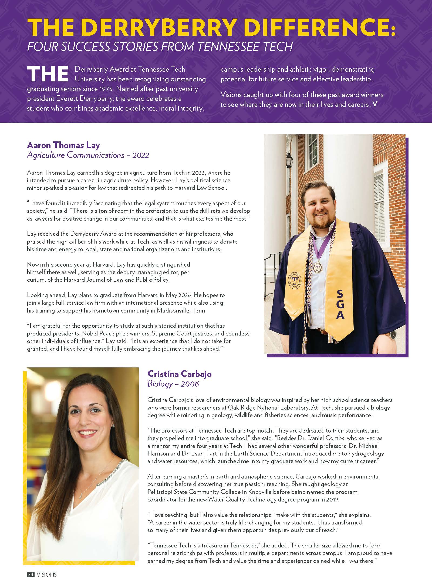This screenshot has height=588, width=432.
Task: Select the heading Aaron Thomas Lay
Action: pos(63,145)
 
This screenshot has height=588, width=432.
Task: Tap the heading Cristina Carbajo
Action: pos(180,374)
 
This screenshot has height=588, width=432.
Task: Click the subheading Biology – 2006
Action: pos(173,384)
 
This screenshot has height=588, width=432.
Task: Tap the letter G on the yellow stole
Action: pos(340,304)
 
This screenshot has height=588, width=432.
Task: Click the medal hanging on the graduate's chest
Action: pos(317,268)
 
